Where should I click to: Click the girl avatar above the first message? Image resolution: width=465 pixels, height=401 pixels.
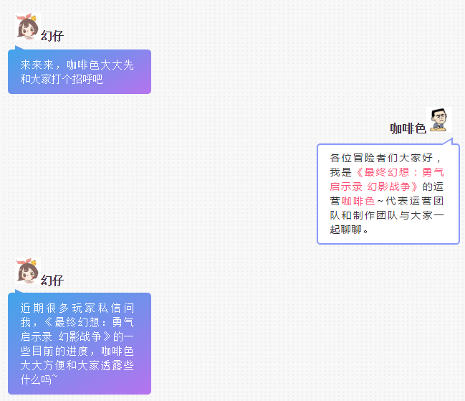click(x=28, y=26)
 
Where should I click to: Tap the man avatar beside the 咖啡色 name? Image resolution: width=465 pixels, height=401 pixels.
click(x=439, y=120)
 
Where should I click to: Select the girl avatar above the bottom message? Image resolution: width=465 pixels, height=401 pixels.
click(x=28, y=271)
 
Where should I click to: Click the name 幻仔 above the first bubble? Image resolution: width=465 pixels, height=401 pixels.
click(x=52, y=36)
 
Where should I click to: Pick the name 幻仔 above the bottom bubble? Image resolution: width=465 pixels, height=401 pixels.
click(x=52, y=280)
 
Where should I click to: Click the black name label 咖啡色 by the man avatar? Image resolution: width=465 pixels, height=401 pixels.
click(x=408, y=128)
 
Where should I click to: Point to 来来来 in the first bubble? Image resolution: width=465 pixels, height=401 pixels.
click(x=37, y=65)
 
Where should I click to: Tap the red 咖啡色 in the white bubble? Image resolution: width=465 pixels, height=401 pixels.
click(x=358, y=201)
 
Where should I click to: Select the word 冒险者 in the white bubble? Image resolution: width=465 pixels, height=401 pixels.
click(x=370, y=158)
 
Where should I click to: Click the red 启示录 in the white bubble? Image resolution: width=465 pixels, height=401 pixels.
click(x=346, y=187)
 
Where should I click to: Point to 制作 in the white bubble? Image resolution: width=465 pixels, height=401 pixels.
click(x=364, y=215)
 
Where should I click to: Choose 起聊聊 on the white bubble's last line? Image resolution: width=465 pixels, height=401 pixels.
click(x=346, y=230)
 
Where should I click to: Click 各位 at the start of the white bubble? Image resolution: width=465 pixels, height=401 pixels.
click(x=340, y=158)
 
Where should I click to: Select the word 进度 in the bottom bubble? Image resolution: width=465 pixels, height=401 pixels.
click(x=77, y=351)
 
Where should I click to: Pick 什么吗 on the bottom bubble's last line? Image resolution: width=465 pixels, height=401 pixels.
click(x=36, y=379)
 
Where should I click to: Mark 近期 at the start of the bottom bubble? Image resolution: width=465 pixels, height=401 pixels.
click(x=32, y=308)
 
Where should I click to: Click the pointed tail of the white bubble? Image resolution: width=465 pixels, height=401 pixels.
click(x=451, y=139)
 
